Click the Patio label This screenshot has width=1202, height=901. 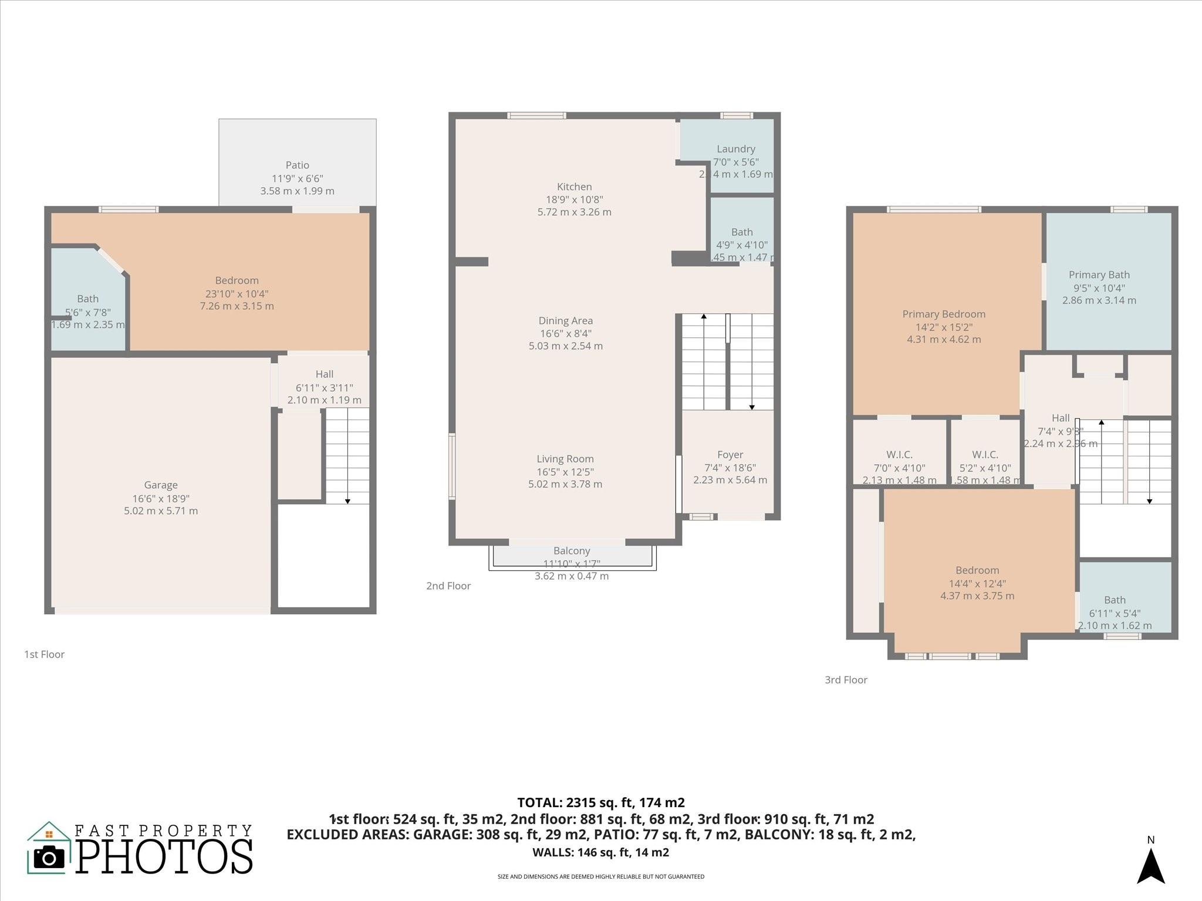(x=297, y=165)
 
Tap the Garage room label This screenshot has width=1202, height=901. (x=161, y=485)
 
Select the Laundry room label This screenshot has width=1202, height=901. (x=735, y=149)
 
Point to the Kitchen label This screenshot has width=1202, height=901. (x=574, y=187)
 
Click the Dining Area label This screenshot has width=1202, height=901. (x=566, y=321)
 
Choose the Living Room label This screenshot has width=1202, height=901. (x=565, y=459)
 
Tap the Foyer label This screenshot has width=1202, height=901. (x=730, y=455)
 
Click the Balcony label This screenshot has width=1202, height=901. (x=572, y=551)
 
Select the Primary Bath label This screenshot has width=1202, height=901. (x=1099, y=275)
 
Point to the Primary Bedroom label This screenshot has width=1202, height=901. (x=944, y=314)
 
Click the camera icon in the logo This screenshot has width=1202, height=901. (x=49, y=858)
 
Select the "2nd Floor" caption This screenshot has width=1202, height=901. (x=448, y=586)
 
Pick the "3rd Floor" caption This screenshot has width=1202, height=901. (x=846, y=680)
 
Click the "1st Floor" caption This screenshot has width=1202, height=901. (x=44, y=654)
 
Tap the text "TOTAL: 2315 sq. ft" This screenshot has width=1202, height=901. (x=600, y=802)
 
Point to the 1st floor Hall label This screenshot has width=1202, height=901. (x=324, y=374)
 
